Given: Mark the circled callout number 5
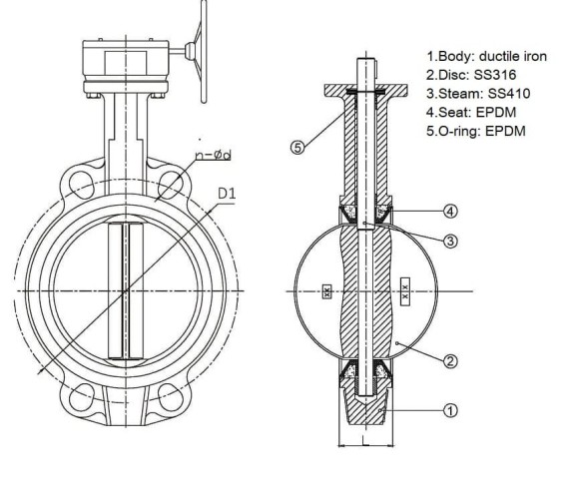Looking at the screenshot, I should (297, 147).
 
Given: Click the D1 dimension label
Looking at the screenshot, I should (226, 192).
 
